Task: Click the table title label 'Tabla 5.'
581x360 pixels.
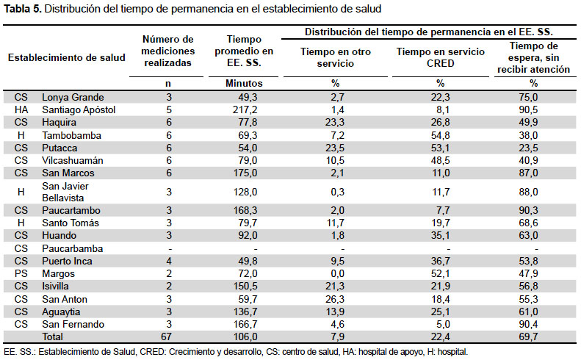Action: pos(22,9)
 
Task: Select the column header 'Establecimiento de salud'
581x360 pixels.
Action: pos(67,57)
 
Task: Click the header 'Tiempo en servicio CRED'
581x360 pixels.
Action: pos(440,57)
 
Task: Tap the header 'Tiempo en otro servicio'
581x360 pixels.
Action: pos(336,57)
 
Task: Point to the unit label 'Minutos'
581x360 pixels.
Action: pos(244,84)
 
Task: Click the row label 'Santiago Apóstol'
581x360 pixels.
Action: pos(79,109)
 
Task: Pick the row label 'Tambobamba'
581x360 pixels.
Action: pos(71,135)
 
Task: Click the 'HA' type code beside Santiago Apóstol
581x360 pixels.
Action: pos(21,109)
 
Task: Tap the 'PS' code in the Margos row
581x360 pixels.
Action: pos(21,273)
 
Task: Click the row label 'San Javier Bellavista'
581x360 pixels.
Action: pos(65,192)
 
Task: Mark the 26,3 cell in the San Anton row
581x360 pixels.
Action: pos(335,299)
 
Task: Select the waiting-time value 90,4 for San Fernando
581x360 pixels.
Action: pos(528,325)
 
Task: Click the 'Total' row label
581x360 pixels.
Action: pos(52,336)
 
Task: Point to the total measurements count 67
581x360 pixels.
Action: pos(166,336)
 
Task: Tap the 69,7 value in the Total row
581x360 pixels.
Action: pos(528,336)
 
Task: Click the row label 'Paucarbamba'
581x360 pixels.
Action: pos(72,248)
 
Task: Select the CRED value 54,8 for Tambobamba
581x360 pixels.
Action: pos(440,135)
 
